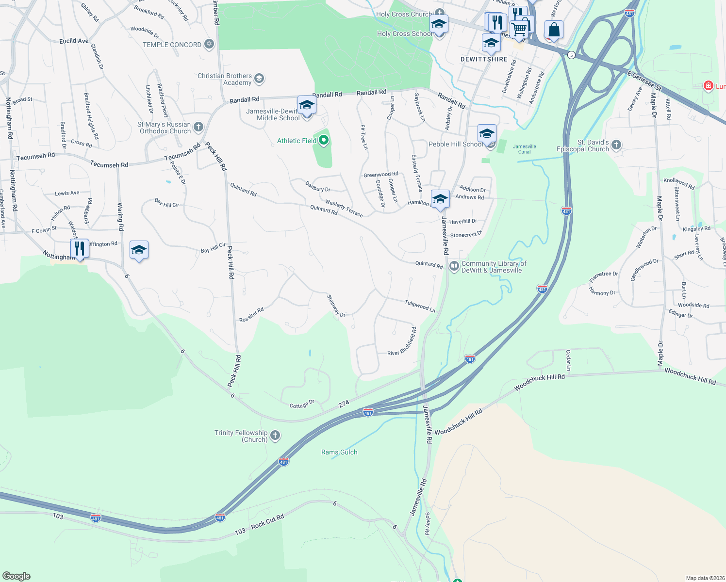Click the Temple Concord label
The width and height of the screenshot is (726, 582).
click(x=172, y=45)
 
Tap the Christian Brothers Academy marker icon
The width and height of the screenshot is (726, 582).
click(x=259, y=78)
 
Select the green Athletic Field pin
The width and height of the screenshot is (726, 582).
click(x=324, y=141)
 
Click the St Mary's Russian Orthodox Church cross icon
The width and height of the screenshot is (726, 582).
click(x=198, y=127)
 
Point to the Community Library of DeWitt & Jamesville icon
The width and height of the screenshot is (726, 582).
click(x=454, y=266)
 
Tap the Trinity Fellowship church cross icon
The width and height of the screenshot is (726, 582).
click(x=275, y=435)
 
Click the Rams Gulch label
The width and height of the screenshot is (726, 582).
click(x=339, y=452)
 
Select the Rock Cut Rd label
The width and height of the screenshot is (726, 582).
click(x=267, y=522)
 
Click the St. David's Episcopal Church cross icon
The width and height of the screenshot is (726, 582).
click(x=616, y=145)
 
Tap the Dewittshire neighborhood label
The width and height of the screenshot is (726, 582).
click(x=484, y=59)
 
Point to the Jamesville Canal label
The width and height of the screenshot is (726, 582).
click(x=525, y=149)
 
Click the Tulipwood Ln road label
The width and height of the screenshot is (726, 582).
click(x=420, y=306)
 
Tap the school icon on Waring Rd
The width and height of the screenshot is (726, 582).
click(x=139, y=250)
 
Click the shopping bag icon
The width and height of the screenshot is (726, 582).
click(x=554, y=30)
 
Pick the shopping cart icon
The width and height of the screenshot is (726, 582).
click(x=520, y=29)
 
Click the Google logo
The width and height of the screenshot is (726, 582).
click(x=16, y=576)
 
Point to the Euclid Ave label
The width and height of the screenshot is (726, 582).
click(x=74, y=41)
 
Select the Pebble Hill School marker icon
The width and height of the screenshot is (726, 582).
click(x=486, y=133)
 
